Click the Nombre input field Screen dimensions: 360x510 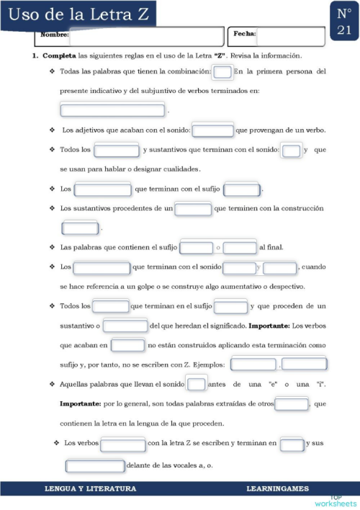[x=145, y=35]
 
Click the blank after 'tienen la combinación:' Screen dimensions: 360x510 [x=223, y=72]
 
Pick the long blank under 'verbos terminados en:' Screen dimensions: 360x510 [x=113, y=110]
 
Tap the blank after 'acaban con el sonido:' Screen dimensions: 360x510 [x=213, y=130]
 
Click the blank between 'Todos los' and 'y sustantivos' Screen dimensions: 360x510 [x=117, y=150]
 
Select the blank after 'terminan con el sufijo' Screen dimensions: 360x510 [x=242, y=189]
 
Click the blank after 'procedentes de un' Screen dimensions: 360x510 [x=194, y=209]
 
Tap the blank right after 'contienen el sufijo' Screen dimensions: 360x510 [x=197, y=248]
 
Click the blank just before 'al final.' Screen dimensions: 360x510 [x=240, y=248]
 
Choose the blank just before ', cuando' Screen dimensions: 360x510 [x=280, y=267]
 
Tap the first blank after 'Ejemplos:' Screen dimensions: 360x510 [x=253, y=364]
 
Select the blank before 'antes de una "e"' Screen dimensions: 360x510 [x=197, y=383]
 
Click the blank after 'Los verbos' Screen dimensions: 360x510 [x=123, y=444]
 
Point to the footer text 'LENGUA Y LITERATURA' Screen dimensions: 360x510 [x=91, y=489]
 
